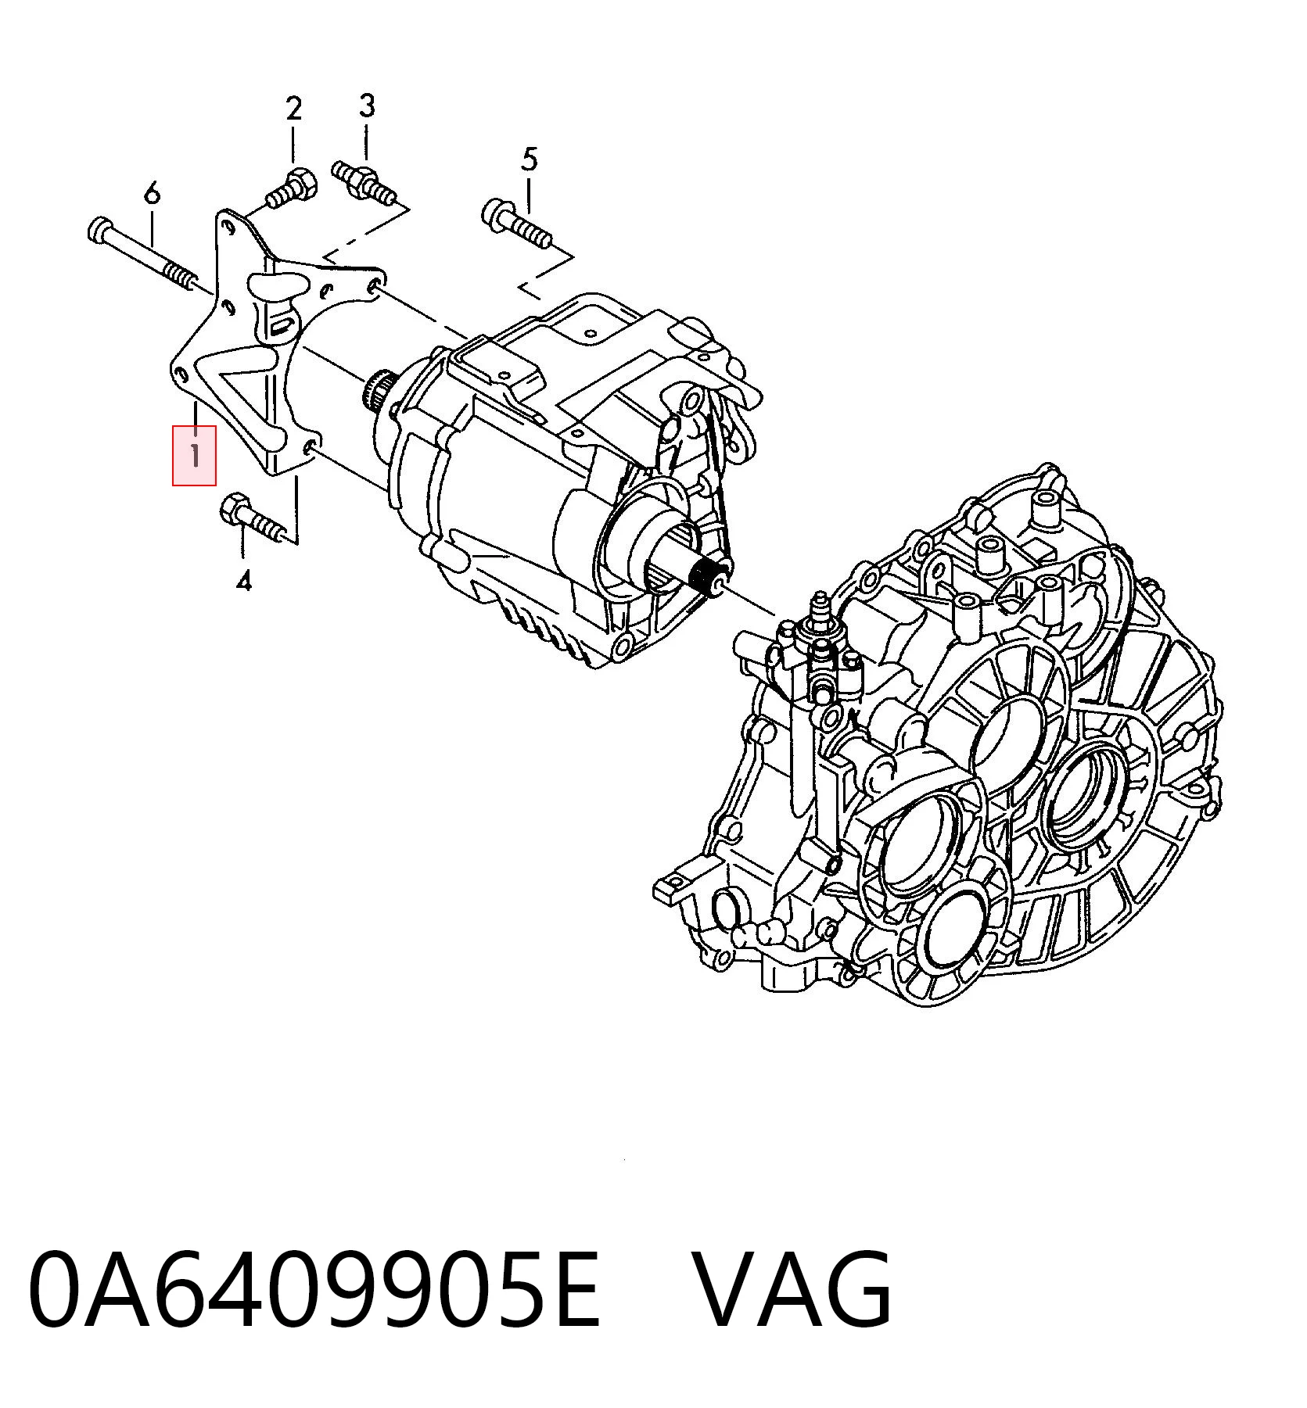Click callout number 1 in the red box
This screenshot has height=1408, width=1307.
[194, 454]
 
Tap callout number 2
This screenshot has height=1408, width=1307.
[293, 108]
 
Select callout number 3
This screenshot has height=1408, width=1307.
[367, 106]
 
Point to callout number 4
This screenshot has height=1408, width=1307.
[244, 581]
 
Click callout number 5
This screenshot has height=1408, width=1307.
[530, 159]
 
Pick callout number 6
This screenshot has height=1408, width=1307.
[152, 192]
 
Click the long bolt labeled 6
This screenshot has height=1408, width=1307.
[141, 256]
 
